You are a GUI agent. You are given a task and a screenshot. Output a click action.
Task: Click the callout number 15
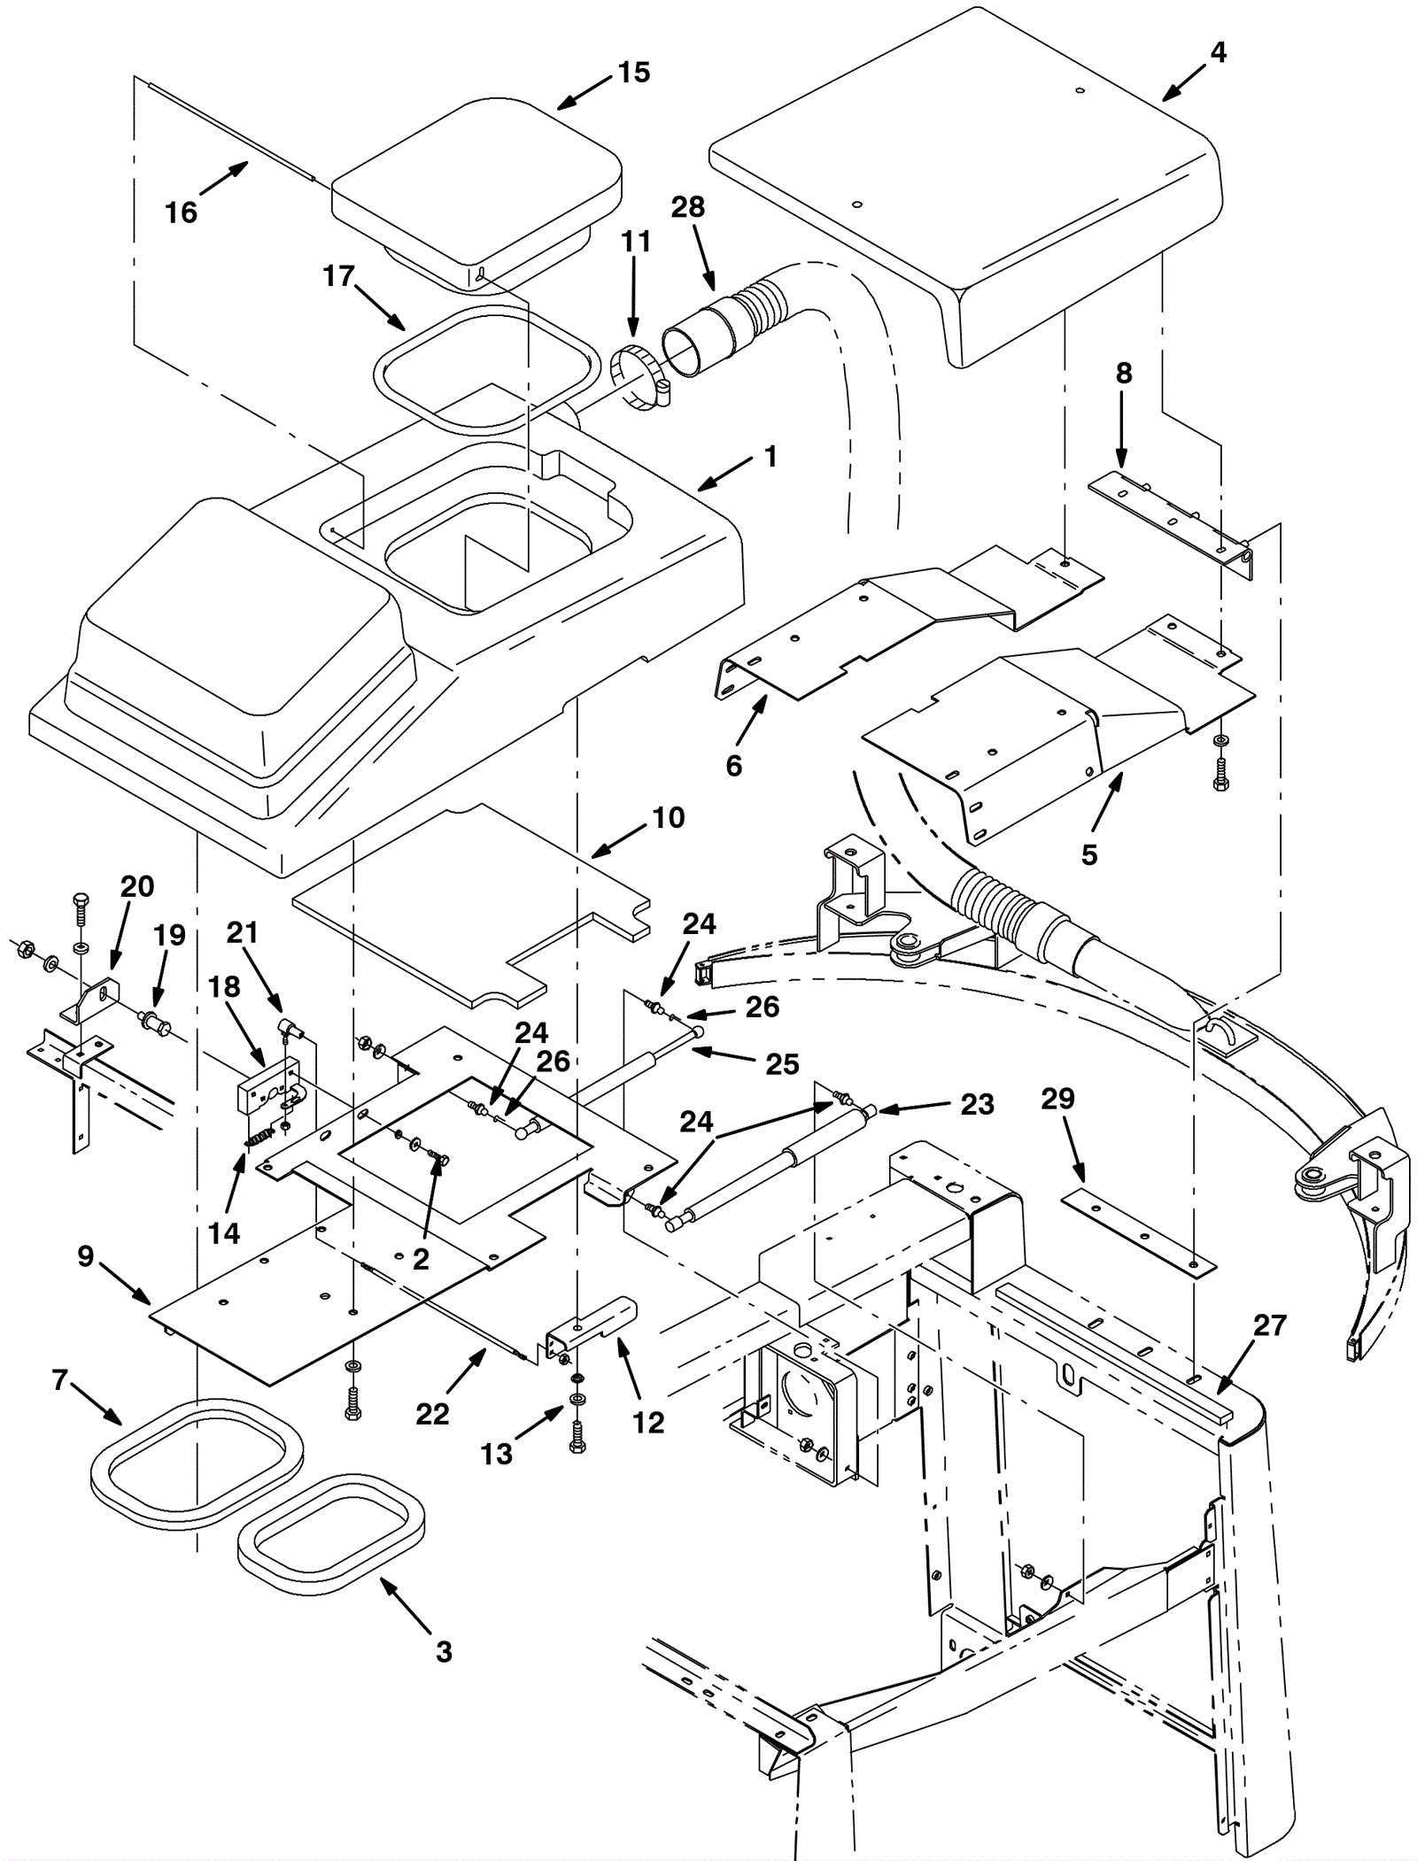coord(634,72)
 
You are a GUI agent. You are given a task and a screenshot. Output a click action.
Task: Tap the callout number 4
coord(1218,53)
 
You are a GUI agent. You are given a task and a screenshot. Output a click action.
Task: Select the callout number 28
coord(687,207)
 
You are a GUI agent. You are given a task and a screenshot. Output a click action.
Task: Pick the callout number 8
coord(1123,374)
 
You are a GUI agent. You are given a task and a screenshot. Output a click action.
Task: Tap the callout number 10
coord(669,817)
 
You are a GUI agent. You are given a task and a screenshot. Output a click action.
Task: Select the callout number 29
coord(1058,1099)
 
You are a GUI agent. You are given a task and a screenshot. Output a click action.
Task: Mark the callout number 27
coord(1269,1325)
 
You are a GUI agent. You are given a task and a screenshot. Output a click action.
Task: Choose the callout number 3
coord(444,1651)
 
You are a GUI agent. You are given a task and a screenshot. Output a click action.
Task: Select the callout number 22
coord(432,1414)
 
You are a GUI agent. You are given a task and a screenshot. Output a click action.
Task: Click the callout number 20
coord(137,886)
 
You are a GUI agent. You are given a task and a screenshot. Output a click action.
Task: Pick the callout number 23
coord(977,1104)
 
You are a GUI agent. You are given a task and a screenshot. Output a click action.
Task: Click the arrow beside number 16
coord(224,177)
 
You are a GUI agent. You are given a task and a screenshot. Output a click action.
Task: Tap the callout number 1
coord(770,457)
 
